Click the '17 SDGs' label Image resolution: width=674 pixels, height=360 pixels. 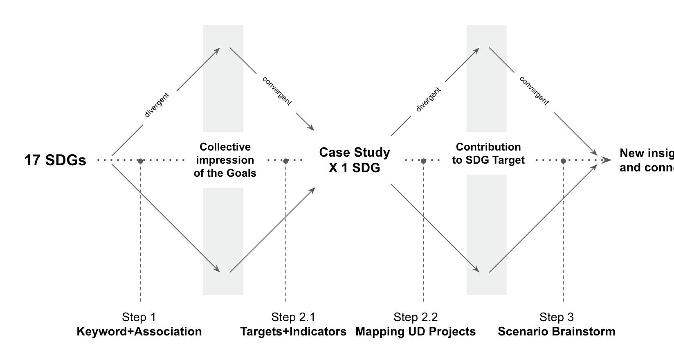55,160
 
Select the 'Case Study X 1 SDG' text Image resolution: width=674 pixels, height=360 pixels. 355,160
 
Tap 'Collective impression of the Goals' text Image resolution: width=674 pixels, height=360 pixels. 225,160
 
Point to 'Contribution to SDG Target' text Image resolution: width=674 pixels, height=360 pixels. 488,153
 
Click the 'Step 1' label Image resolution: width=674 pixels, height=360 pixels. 139,317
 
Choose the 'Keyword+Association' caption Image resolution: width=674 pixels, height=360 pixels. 139,331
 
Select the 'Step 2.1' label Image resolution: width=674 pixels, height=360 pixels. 293,317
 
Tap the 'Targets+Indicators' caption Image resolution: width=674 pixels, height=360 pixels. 293,331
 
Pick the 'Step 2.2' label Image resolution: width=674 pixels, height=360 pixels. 416,317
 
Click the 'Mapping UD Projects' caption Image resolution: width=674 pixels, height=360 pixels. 416,331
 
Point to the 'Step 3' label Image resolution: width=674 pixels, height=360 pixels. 557,317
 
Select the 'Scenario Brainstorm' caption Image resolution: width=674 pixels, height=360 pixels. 557,331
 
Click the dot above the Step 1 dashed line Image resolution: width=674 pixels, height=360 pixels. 140,161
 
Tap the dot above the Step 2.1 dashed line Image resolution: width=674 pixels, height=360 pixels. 286,161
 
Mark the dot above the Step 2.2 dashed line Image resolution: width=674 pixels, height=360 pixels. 423,161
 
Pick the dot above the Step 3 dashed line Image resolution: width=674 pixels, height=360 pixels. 563,161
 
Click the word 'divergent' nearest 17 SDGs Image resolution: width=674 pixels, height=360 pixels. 157,105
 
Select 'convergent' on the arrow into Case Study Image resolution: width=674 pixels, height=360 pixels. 277,91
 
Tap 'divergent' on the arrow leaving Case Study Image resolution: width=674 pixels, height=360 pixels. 428,99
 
